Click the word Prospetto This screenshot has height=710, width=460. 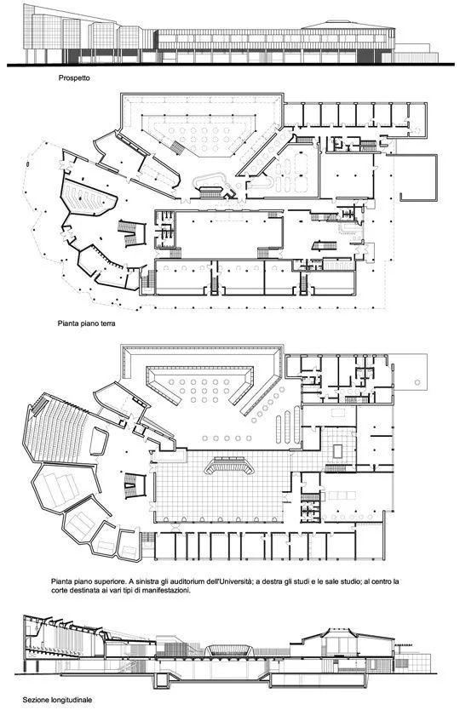click(74, 77)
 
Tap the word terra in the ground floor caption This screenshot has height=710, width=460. click(107, 324)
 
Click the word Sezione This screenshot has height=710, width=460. click(34, 700)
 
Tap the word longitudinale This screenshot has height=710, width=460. click(70, 700)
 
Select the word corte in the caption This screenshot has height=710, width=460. click(60, 591)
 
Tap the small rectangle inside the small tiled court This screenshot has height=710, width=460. click(338, 450)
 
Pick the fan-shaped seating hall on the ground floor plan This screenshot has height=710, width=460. click(88, 196)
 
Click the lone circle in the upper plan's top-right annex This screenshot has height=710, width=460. click(417, 382)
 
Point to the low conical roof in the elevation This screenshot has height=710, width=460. click(348, 25)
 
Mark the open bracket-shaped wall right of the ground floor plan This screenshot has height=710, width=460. click(419, 178)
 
